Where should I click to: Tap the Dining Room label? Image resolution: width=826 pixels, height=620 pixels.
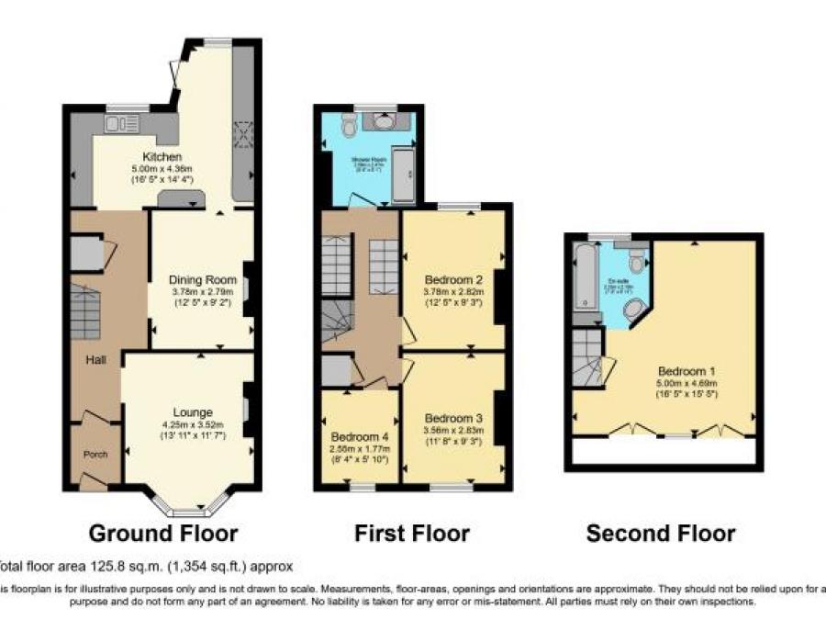click(203, 279)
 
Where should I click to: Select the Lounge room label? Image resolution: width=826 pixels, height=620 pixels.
click(193, 411)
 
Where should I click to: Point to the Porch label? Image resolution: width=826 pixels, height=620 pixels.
click(95, 453)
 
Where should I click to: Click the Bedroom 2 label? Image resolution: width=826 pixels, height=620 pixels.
click(453, 278)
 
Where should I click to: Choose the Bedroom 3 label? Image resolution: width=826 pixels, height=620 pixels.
click(453, 416)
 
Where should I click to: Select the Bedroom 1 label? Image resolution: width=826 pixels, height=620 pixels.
click(686, 371)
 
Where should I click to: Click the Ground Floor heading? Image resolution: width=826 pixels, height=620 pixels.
click(162, 533)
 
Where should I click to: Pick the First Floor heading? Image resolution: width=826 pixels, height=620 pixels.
click(412, 533)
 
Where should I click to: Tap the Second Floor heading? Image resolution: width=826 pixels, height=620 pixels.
click(660, 533)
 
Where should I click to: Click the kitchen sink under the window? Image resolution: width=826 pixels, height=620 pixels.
click(120, 123)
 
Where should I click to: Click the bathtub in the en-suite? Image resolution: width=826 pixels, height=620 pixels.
click(585, 276)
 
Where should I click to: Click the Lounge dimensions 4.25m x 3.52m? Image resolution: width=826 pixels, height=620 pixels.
click(193, 423)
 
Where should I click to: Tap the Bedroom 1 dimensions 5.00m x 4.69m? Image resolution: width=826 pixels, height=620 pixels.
click(686, 383)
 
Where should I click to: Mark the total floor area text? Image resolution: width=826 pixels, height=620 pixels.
click(147, 566)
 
